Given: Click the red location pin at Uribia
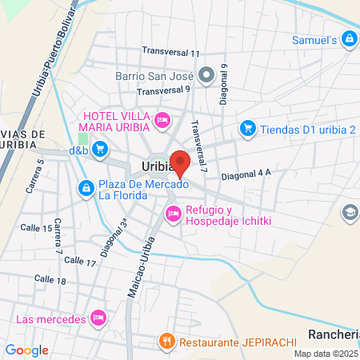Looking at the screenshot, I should click(180, 161).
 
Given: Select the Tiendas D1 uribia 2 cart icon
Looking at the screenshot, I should click(247, 128).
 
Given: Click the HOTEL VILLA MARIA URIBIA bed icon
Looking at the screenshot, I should click(162, 121).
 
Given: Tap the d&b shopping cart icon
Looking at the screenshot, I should click(100, 149).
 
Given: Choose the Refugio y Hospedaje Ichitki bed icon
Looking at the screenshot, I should click(173, 214).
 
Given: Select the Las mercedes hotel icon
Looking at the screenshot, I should click(98, 318).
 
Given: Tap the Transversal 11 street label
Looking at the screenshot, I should click(171, 53).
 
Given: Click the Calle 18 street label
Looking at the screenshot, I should click(50, 280).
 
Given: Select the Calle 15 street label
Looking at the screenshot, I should click(37, 229).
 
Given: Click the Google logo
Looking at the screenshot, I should click(27, 350).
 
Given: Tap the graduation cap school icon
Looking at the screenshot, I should click(350, 212).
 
